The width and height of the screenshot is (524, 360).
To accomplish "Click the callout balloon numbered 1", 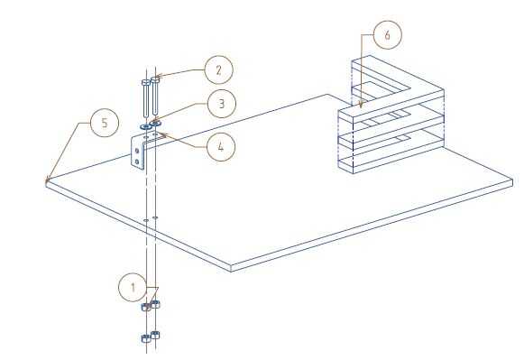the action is point(133,288).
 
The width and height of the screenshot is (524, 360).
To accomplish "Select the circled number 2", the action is point(218,70).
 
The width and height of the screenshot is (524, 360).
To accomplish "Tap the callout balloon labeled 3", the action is point(222,104).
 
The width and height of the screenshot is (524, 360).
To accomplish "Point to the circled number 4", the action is point(221,146).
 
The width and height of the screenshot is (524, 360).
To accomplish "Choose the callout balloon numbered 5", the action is point(105,123).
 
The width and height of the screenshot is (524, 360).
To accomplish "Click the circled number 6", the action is point(387,35).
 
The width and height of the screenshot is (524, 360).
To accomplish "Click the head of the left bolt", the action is point(146,82).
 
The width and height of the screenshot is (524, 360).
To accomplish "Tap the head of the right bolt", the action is point(155,78).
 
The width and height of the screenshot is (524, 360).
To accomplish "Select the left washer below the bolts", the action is point(146,127).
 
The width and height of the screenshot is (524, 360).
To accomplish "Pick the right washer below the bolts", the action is point(156,124).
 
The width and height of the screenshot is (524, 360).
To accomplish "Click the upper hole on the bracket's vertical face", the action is point(137,151).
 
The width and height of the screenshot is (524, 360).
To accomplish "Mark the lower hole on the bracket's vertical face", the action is point(137,162).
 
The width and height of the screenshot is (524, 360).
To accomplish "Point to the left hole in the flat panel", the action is point(146,221).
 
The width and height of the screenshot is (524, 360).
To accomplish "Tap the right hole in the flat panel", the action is point(155,217).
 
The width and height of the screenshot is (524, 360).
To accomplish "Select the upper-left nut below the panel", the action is point(146,307).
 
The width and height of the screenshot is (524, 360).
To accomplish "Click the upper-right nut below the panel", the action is point(155,304).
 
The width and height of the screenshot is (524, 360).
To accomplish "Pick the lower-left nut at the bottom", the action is point(146,338).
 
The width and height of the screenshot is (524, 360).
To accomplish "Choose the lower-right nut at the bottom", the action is point(155,335).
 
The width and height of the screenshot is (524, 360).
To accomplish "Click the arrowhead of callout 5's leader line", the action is point(47,181).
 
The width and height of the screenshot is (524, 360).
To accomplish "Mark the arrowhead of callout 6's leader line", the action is point(362,105).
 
